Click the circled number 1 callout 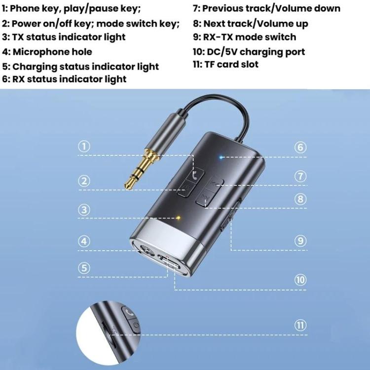point(85,147)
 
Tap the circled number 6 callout point(300,147)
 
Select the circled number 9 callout point(300,241)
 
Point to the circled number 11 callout point(300,325)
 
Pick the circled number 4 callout point(85,241)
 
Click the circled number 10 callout point(300,280)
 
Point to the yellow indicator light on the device point(179,217)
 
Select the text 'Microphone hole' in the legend point(52,52)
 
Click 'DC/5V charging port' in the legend point(256,52)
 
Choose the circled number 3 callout point(85,210)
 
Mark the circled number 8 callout point(300,199)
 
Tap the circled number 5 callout point(85,268)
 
